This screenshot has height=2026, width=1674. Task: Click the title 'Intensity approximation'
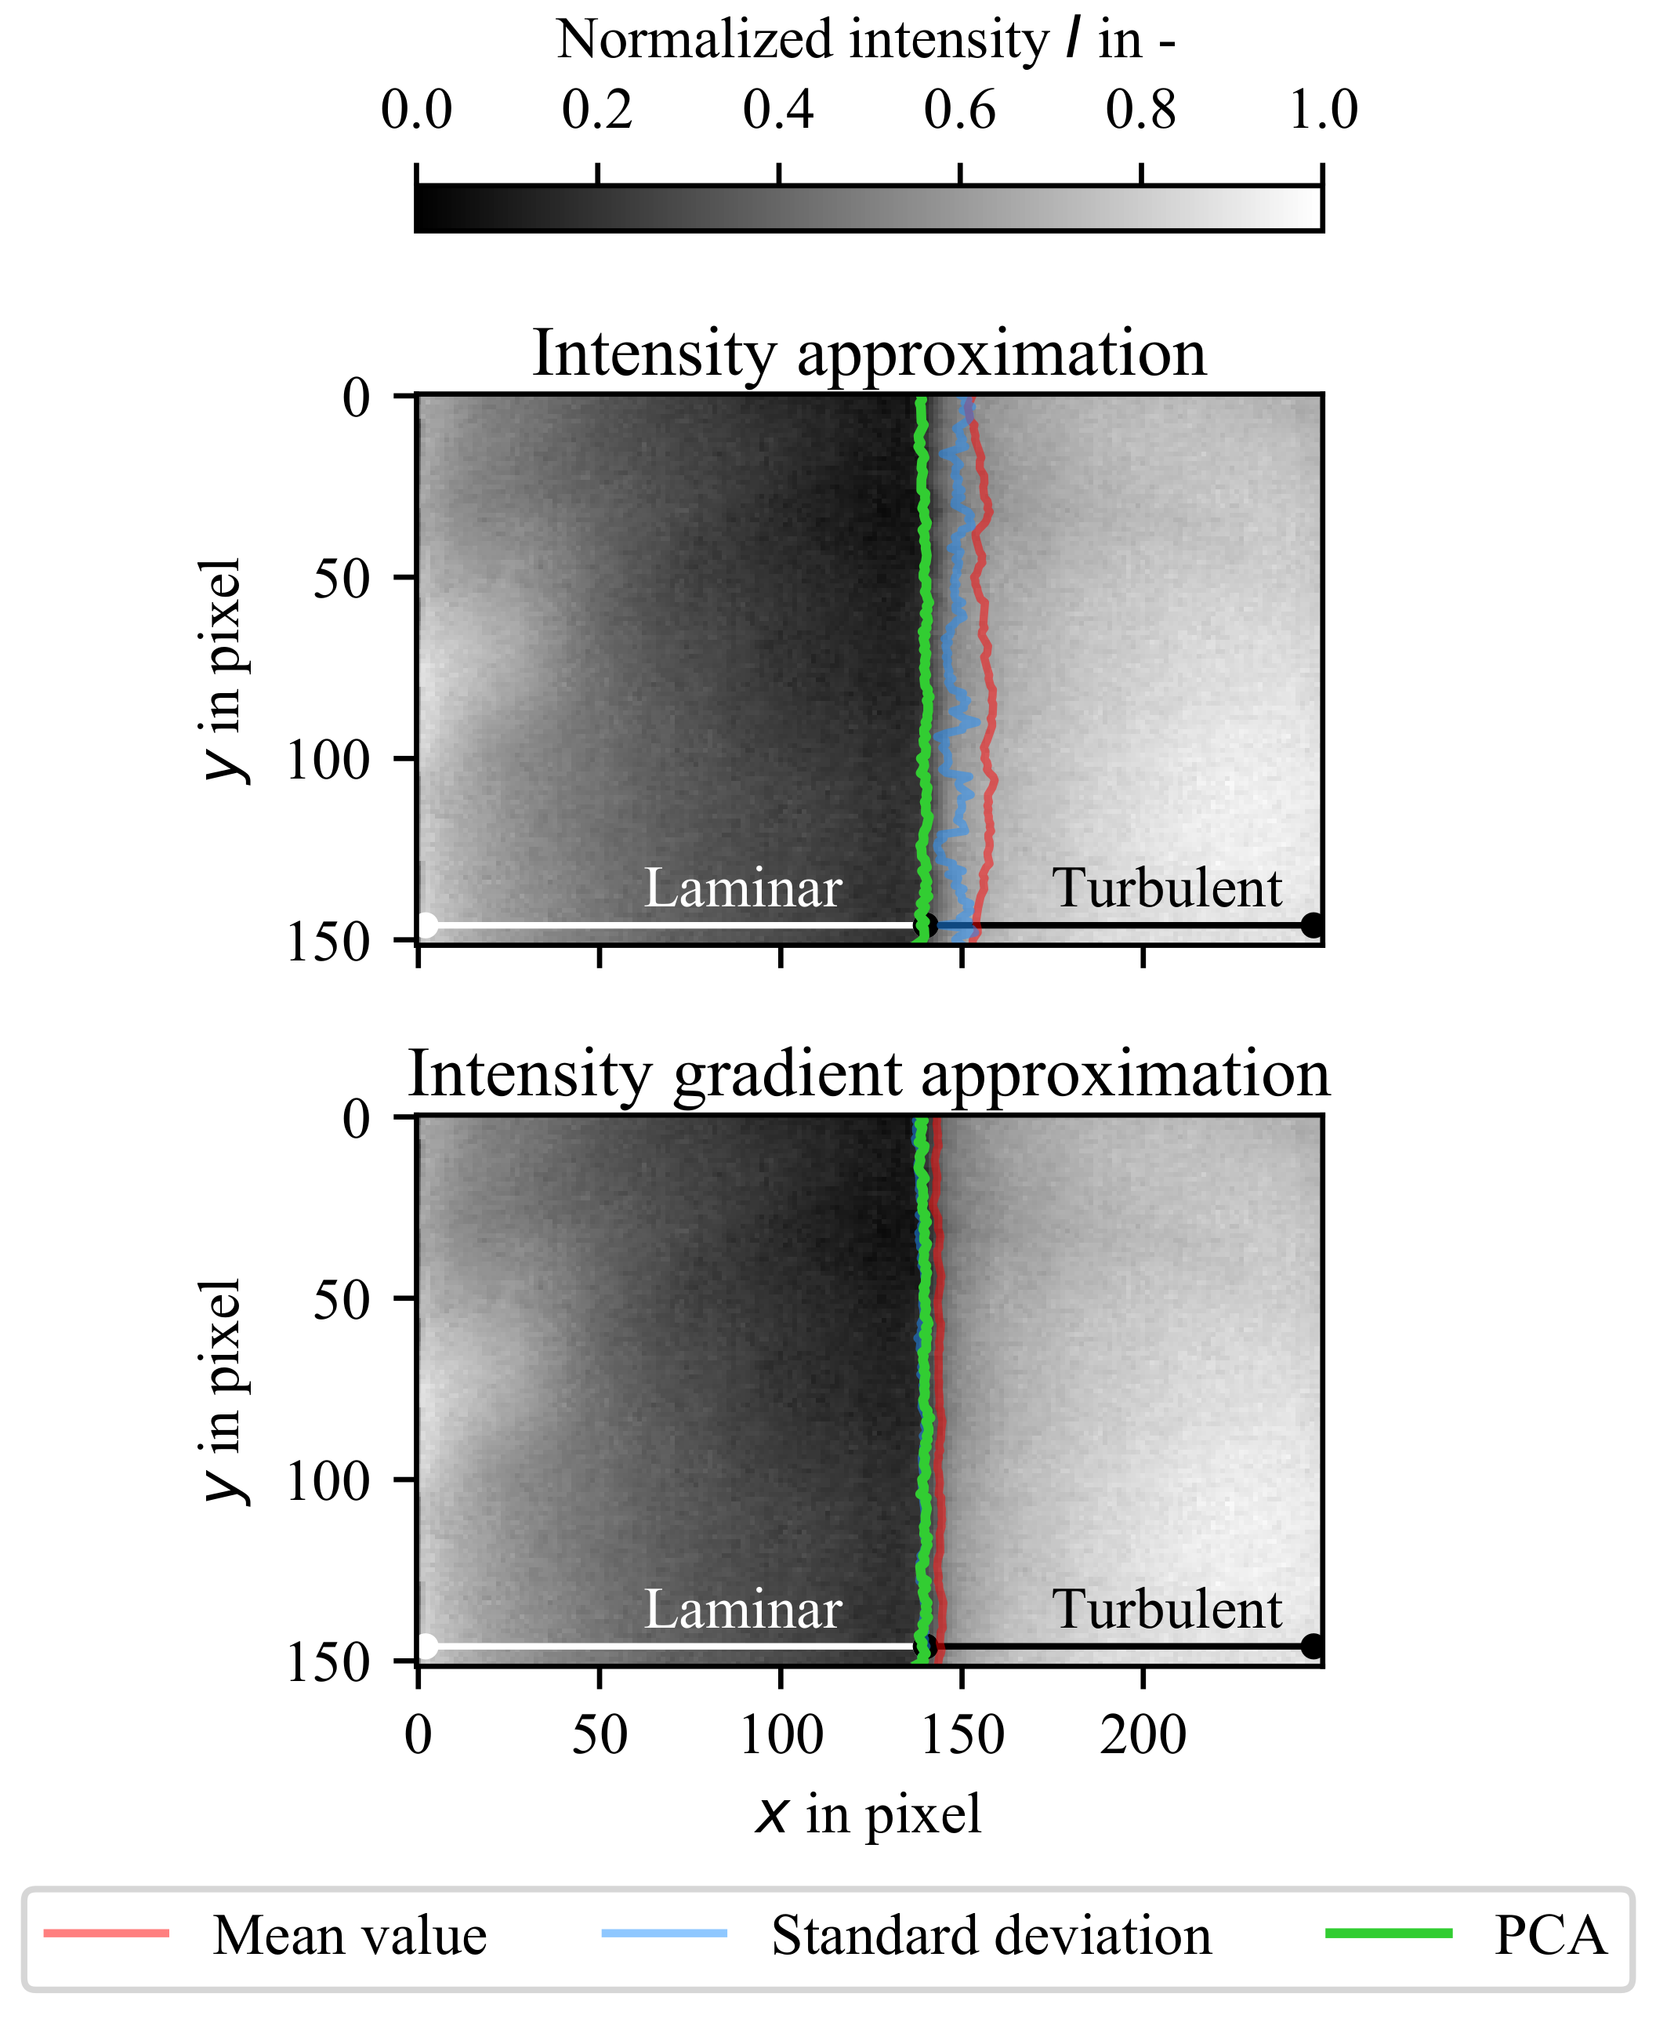[x=869, y=353]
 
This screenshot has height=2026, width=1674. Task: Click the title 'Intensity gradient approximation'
[x=869, y=1074]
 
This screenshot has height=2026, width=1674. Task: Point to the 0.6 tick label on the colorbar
[x=959, y=110]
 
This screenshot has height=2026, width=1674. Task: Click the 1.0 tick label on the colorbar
[x=1323, y=110]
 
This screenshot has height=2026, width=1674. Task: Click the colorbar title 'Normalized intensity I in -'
[x=865, y=41]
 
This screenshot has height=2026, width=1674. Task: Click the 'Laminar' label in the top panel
[x=742, y=888]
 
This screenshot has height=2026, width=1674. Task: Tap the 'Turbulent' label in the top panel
[x=1167, y=888]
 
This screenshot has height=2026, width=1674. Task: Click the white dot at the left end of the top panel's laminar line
[x=427, y=925]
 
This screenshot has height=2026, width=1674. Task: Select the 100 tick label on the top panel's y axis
[x=328, y=761]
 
